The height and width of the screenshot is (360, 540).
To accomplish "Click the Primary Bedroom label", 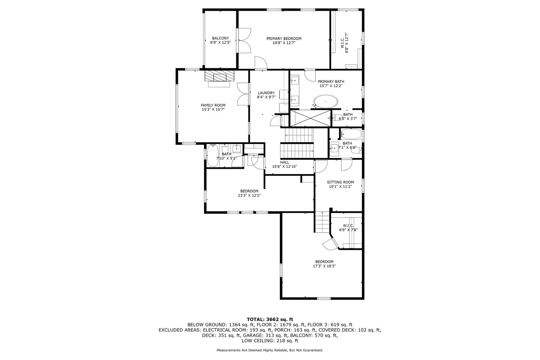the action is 284,39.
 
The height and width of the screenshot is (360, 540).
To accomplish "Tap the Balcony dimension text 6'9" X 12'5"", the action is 220,43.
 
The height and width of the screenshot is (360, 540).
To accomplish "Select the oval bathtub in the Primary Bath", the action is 326,101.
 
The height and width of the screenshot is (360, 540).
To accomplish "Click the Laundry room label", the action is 266,93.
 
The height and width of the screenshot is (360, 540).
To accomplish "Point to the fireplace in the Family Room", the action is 219,76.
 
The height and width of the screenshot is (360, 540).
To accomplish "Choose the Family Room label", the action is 213,105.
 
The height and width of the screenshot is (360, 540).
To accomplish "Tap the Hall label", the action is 285,162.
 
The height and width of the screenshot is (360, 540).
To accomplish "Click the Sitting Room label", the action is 340,182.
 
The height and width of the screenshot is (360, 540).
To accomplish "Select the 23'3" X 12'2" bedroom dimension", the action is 249,195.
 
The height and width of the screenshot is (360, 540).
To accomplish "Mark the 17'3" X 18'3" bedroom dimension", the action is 324,266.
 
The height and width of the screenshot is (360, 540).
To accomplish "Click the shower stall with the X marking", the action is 310,118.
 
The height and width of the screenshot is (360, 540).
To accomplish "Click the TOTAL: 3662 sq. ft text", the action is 270,319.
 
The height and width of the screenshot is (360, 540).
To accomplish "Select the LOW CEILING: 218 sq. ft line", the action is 270,341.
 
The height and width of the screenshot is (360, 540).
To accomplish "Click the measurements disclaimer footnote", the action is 270,350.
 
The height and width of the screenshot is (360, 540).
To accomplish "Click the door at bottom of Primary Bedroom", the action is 261,63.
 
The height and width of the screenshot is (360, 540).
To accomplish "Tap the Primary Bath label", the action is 331,82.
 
